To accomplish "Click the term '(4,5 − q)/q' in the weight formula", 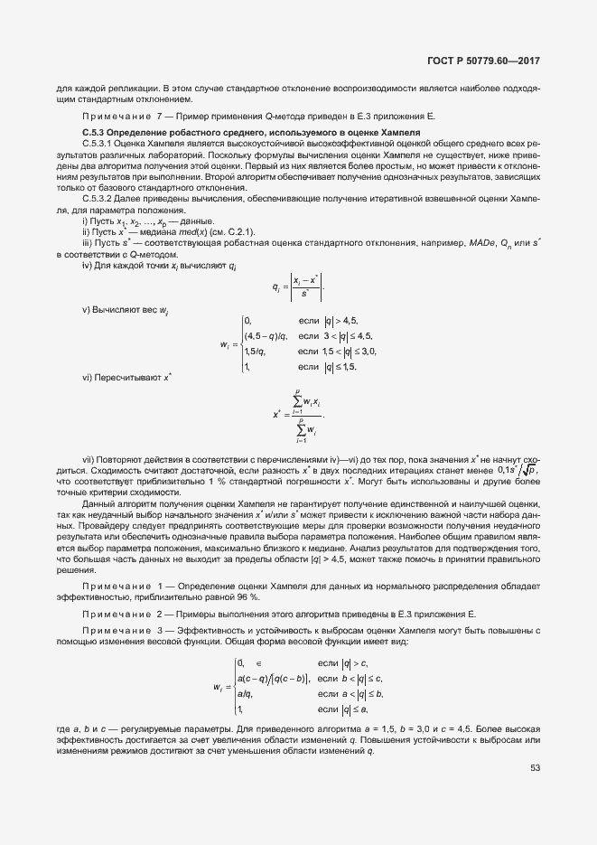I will [x=266, y=335].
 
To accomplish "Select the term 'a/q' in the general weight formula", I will [x=244, y=694].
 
